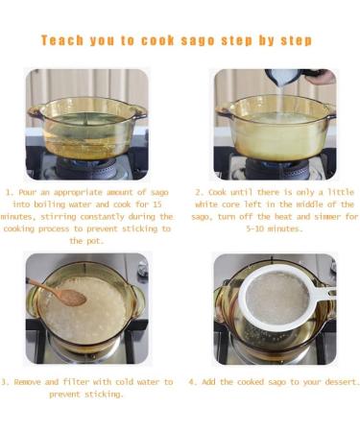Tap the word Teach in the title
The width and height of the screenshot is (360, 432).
tap(62, 40)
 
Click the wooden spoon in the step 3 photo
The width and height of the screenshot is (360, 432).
tap(58, 292)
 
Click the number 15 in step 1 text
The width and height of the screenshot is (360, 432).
tap(156, 204)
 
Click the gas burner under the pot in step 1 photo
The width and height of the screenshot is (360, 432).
tap(86, 167)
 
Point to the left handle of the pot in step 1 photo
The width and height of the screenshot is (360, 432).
tap(36, 111)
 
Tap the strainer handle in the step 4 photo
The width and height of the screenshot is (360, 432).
tap(324, 294)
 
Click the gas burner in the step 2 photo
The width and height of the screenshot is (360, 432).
tap(276, 167)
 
